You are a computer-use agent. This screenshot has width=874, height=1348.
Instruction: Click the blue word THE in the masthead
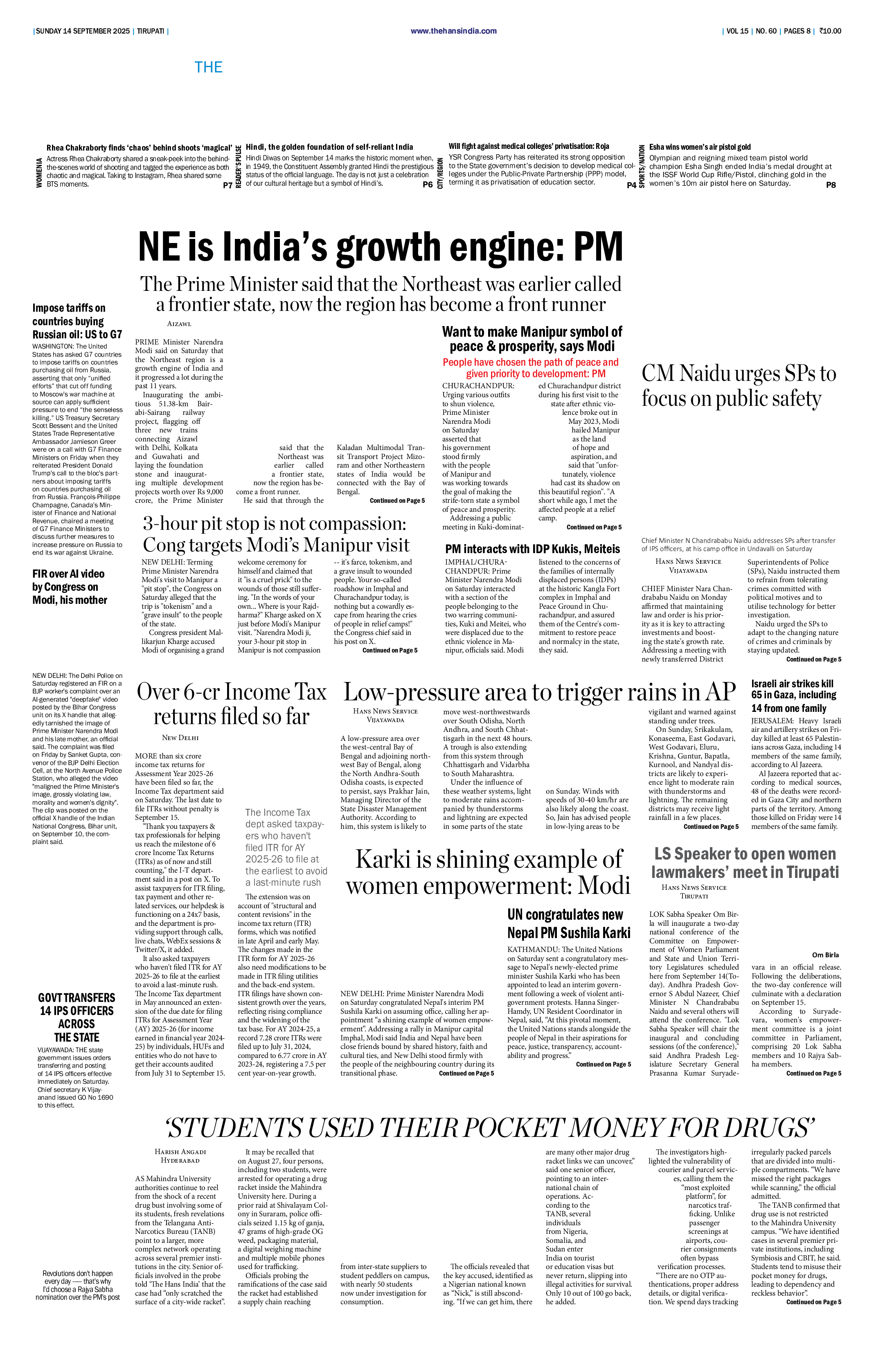pyautogui.click(x=208, y=68)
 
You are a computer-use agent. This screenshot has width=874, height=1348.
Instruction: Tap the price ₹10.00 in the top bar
pyautogui.click(x=830, y=31)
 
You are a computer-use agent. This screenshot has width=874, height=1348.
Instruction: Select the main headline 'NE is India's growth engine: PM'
pyautogui.click(x=381, y=247)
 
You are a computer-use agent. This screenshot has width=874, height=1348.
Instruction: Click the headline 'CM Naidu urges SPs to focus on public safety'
pyautogui.click(x=739, y=386)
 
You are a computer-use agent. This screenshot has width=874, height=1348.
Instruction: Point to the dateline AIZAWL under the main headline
pyautogui.click(x=179, y=324)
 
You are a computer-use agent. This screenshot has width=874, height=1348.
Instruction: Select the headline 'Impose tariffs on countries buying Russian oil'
pyautogui.click(x=77, y=321)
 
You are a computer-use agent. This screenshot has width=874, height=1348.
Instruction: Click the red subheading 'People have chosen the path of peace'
pyautogui.click(x=531, y=368)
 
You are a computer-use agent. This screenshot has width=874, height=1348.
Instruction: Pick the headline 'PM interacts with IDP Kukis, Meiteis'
pyautogui.click(x=532, y=549)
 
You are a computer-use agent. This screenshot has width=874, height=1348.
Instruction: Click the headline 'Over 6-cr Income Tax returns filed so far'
pyautogui.click(x=232, y=704)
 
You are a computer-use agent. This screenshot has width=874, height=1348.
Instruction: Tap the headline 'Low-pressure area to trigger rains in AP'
pyautogui.click(x=539, y=692)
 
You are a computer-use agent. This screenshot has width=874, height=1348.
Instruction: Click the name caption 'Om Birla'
pyautogui.click(x=825, y=955)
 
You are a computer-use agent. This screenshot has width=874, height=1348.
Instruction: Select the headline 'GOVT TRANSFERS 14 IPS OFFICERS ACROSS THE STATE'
pyautogui.click(x=77, y=1017)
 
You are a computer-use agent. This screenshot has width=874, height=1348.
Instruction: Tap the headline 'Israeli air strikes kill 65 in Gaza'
pyautogui.click(x=794, y=695)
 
